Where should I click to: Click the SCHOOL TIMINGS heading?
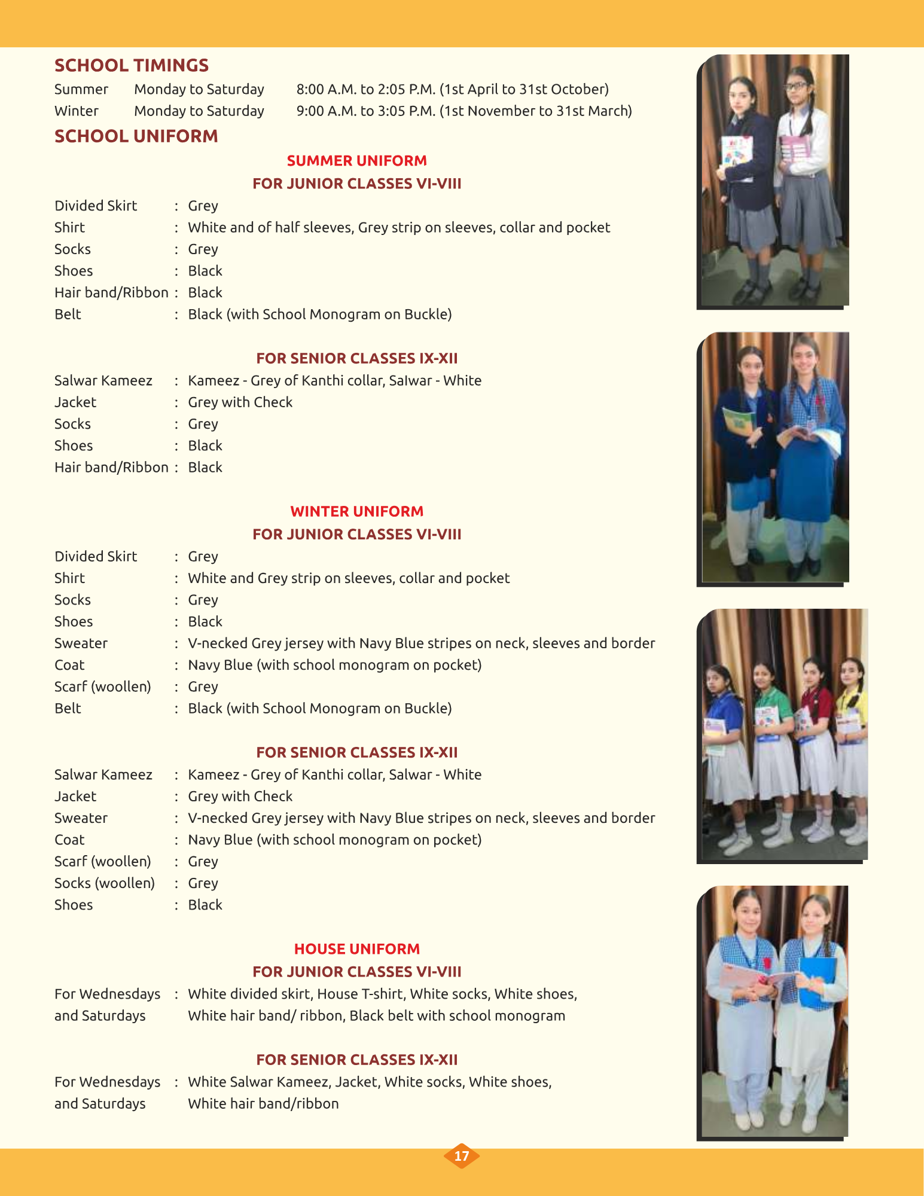point(132,65)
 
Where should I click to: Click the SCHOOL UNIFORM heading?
point(136,136)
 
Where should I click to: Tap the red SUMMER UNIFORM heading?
point(356,161)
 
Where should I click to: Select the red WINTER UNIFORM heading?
point(356,511)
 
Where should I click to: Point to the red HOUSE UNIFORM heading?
point(356,949)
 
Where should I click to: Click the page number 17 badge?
point(461,1156)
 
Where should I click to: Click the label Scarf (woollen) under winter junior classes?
point(102,687)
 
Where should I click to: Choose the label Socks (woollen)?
point(104,883)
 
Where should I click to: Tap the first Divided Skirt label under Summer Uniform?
point(96,206)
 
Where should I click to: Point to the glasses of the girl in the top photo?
point(795,86)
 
